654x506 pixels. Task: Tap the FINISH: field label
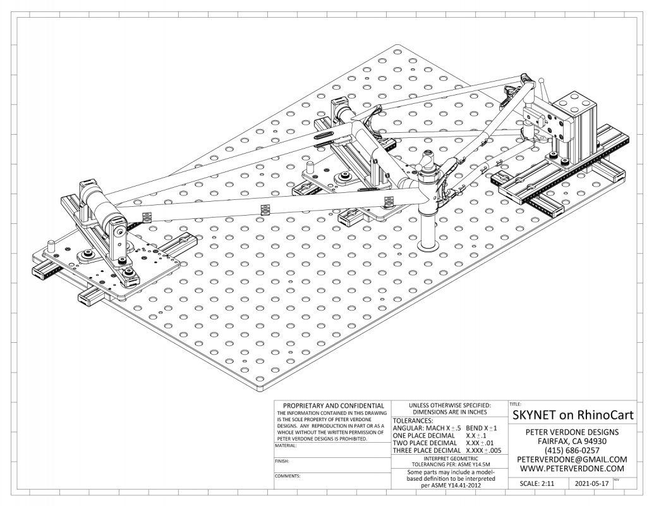coord(282,460)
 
